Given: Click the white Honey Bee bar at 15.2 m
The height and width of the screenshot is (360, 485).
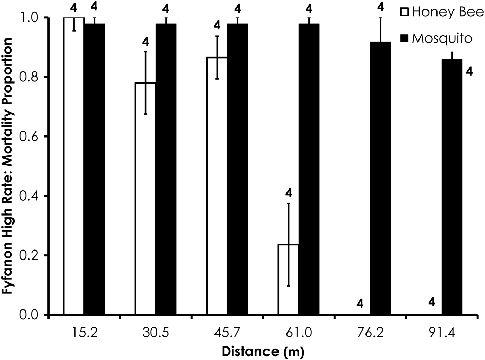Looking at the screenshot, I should tap(74, 166).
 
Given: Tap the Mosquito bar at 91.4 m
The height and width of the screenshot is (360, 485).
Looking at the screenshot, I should tap(452, 187).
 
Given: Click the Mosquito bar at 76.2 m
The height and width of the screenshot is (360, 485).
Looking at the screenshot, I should tap(380, 178).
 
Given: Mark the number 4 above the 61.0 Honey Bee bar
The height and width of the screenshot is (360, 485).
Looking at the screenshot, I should tap(289, 193).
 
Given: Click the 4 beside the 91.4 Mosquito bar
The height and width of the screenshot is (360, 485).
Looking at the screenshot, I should tap(469, 71).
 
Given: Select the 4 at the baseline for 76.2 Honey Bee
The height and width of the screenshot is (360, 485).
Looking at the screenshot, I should tap(360, 304).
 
